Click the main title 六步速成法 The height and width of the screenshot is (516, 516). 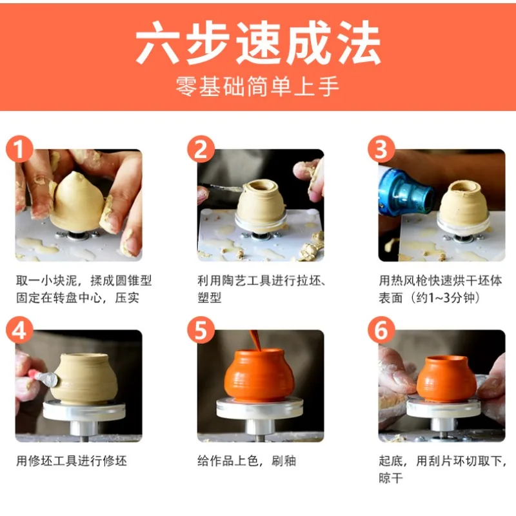(x=259, y=43)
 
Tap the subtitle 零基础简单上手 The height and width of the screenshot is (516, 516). (x=257, y=86)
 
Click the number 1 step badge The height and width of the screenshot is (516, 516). (x=19, y=149)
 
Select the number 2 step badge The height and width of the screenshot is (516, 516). (x=201, y=149)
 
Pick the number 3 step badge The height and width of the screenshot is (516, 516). (x=381, y=149)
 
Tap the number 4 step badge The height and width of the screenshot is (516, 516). (x=19, y=330)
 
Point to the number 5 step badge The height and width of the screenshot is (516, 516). (x=201, y=330)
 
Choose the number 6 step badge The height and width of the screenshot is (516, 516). (x=381, y=330)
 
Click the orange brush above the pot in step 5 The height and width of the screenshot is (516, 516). (x=255, y=341)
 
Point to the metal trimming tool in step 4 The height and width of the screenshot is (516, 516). (x=45, y=379)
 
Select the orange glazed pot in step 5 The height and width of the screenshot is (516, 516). (x=259, y=375)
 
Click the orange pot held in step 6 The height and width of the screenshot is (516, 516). (x=446, y=379)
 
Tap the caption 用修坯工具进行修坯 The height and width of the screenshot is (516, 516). (x=72, y=461)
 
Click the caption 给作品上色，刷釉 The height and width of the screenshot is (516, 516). (x=247, y=461)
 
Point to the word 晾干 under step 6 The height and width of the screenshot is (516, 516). (x=391, y=478)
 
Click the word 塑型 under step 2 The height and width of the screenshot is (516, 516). (x=209, y=298)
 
